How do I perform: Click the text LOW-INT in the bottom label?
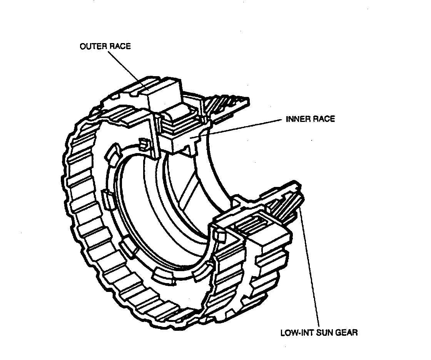294,332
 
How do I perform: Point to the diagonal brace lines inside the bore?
189,188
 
